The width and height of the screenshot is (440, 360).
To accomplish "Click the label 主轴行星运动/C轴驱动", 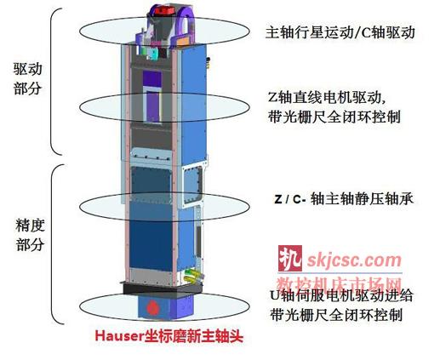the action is click(340, 32).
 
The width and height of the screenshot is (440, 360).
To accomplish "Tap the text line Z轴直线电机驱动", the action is click(327, 98).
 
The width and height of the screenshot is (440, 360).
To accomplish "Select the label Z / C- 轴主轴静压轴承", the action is click(344, 199).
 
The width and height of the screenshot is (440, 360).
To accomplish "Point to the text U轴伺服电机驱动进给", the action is click(341, 296).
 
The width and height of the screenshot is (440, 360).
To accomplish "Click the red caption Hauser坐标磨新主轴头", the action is click(169, 336).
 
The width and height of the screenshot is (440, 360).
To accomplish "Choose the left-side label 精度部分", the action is click(30, 235).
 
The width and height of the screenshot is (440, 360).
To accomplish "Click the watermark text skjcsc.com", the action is click(354, 260).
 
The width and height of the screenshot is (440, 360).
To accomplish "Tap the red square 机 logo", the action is click(290, 258).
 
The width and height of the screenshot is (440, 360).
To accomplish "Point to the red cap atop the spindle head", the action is click(166, 11).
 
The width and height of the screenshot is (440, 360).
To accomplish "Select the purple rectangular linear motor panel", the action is click(152, 96).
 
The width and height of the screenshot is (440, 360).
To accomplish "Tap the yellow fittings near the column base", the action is click(192, 276).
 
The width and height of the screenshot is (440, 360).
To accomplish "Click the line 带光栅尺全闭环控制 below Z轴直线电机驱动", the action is click(334, 117).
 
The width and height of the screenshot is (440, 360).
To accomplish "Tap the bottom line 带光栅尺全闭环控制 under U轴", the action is click(336, 314).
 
